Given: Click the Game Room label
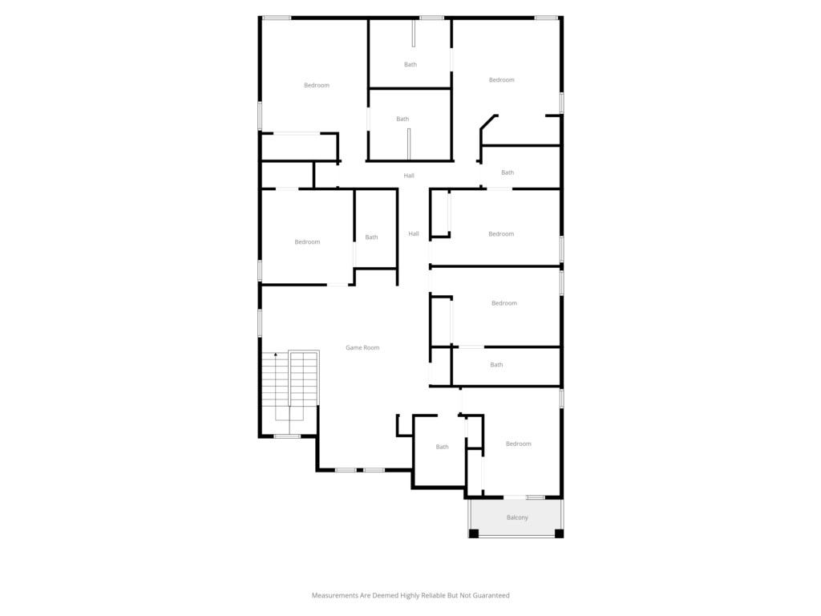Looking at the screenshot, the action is [x=362, y=347].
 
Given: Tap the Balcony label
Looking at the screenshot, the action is [x=517, y=517].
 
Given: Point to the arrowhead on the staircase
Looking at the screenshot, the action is [x=276, y=355].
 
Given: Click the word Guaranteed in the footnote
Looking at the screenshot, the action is [x=491, y=595].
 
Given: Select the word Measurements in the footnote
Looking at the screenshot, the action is [x=334, y=595].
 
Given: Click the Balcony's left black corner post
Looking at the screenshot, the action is [x=473, y=533].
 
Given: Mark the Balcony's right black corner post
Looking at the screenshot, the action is [x=559, y=533].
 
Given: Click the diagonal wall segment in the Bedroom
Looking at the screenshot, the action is [x=488, y=122].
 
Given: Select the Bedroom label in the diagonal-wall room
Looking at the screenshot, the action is [x=502, y=80].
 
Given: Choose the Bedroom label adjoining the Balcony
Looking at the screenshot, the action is [x=519, y=444].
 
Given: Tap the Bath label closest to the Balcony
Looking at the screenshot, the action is [x=443, y=447].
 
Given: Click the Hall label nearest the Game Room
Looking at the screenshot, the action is [x=414, y=233].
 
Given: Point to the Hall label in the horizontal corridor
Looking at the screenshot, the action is [x=409, y=176].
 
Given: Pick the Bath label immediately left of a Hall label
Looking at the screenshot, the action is [x=371, y=237].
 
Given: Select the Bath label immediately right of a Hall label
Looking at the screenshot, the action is [x=508, y=172].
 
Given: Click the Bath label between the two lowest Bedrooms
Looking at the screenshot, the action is [x=496, y=365].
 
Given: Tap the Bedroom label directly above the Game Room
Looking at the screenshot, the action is [x=307, y=242].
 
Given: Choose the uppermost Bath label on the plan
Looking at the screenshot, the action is [x=410, y=64].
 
